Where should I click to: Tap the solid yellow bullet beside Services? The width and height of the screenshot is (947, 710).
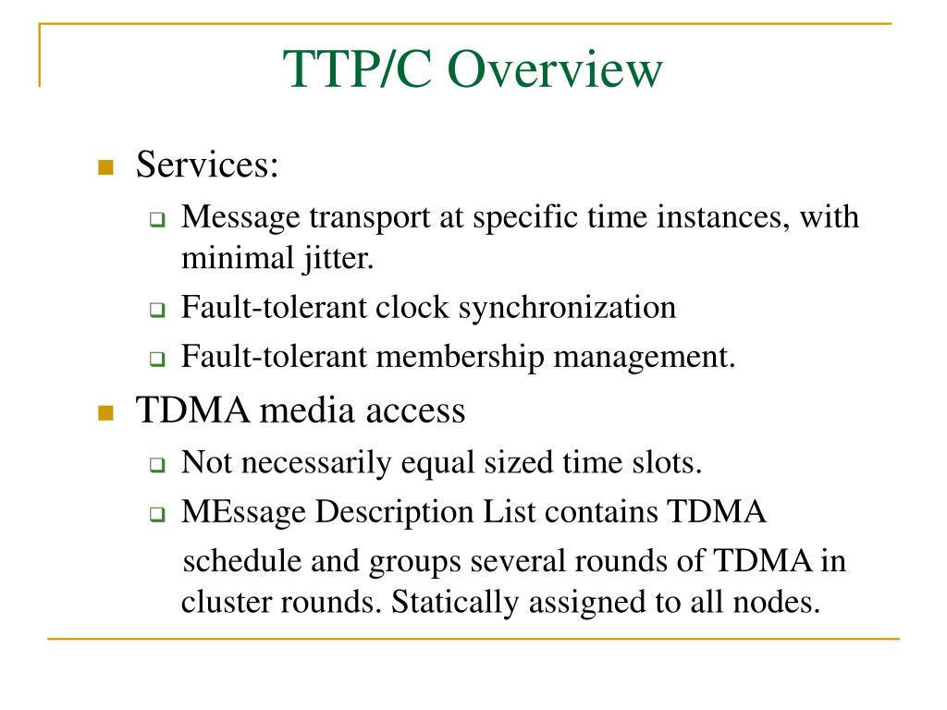click(x=105, y=168)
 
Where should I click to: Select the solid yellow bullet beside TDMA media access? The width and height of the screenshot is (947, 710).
click(x=105, y=412)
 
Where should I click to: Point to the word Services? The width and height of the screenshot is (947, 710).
click(x=207, y=166)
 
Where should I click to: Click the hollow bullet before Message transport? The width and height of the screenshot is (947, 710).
click(x=156, y=221)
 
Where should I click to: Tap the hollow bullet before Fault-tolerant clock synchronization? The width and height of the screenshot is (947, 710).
click(x=156, y=311)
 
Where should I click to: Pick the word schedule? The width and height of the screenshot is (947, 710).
click(x=246, y=561)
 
